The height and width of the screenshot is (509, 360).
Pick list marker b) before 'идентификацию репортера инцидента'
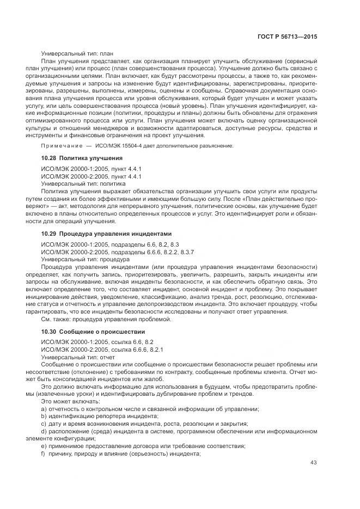(x=44, y=417)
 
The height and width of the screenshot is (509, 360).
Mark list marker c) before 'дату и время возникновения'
(x=44, y=425)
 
